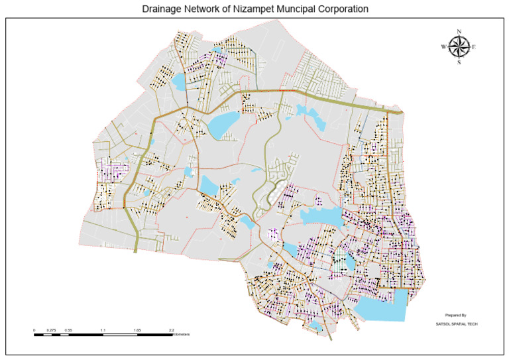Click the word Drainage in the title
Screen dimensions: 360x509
pos(163,9)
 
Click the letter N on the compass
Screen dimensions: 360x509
pos(459,31)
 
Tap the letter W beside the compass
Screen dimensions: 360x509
pos(443,46)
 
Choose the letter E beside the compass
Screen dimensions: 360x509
pos(474,46)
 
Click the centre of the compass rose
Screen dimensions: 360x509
pos(459,46)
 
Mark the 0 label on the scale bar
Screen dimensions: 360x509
pos(34,329)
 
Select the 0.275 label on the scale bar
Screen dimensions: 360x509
pos(52,329)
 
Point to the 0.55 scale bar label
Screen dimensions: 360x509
pos(69,329)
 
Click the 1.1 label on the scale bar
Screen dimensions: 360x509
pos(103,329)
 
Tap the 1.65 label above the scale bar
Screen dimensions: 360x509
pos(138,329)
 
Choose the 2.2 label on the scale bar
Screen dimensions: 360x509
pos(172,329)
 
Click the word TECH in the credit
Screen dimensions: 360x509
pos(472,324)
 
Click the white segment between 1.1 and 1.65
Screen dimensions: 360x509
pos(121,334)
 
